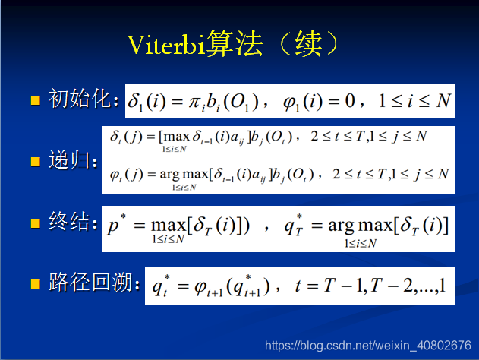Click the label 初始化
pos(80,99)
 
